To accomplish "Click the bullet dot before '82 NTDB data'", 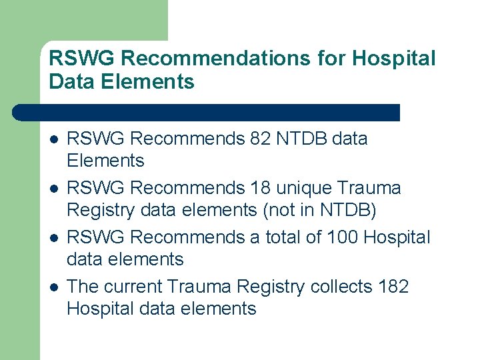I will tap(54, 139).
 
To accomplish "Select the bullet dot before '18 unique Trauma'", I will tap(54, 189).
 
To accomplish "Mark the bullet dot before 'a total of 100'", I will tap(54, 238).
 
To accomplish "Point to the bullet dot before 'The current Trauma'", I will tap(54, 287).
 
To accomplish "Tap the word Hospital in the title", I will tap(393, 59).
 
